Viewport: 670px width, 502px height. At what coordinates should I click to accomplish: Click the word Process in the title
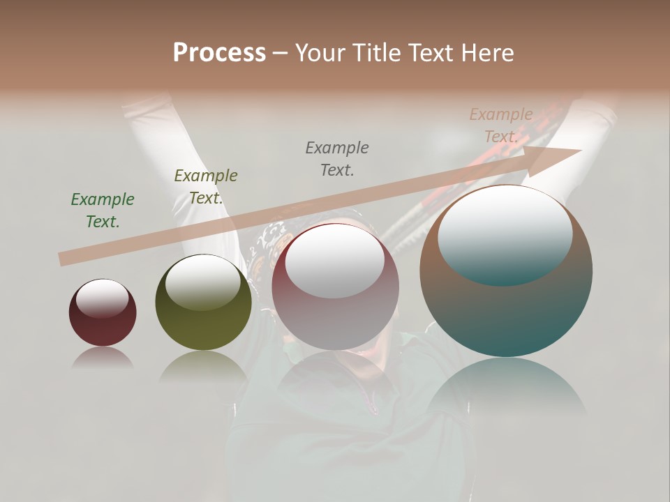219,53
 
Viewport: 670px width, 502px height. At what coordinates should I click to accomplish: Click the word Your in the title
321,53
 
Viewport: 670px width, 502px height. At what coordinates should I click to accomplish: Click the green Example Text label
103,211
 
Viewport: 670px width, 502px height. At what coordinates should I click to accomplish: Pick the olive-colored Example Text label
206,187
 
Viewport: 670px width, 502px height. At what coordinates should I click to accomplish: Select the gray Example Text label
337,158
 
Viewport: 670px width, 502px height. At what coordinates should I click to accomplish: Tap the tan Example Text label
501,125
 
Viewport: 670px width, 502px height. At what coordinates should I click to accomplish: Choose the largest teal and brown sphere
506,307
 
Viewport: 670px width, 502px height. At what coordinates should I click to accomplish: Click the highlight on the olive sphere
203,282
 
